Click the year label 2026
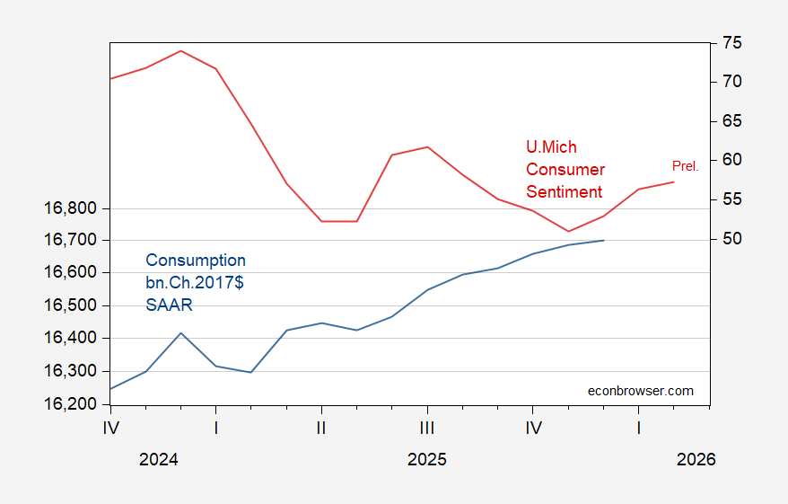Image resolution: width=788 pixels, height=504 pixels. [x=696, y=459]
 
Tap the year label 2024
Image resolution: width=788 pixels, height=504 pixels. [x=159, y=459]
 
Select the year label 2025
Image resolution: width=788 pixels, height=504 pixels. [x=427, y=459]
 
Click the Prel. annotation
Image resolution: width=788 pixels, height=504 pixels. [x=685, y=166]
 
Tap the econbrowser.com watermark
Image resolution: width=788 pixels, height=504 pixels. [x=640, y=390]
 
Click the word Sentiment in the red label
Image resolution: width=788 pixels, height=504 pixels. [x=565, y=191]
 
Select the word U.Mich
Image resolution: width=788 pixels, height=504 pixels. [x=551, y=147]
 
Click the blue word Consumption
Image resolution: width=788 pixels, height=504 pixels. [x=196, y=261]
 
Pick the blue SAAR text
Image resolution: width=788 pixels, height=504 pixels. [x=169, y=305]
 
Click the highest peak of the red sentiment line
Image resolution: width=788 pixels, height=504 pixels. [x=181, y=50]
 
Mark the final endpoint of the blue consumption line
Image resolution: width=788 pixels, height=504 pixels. [x=604, y=240]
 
